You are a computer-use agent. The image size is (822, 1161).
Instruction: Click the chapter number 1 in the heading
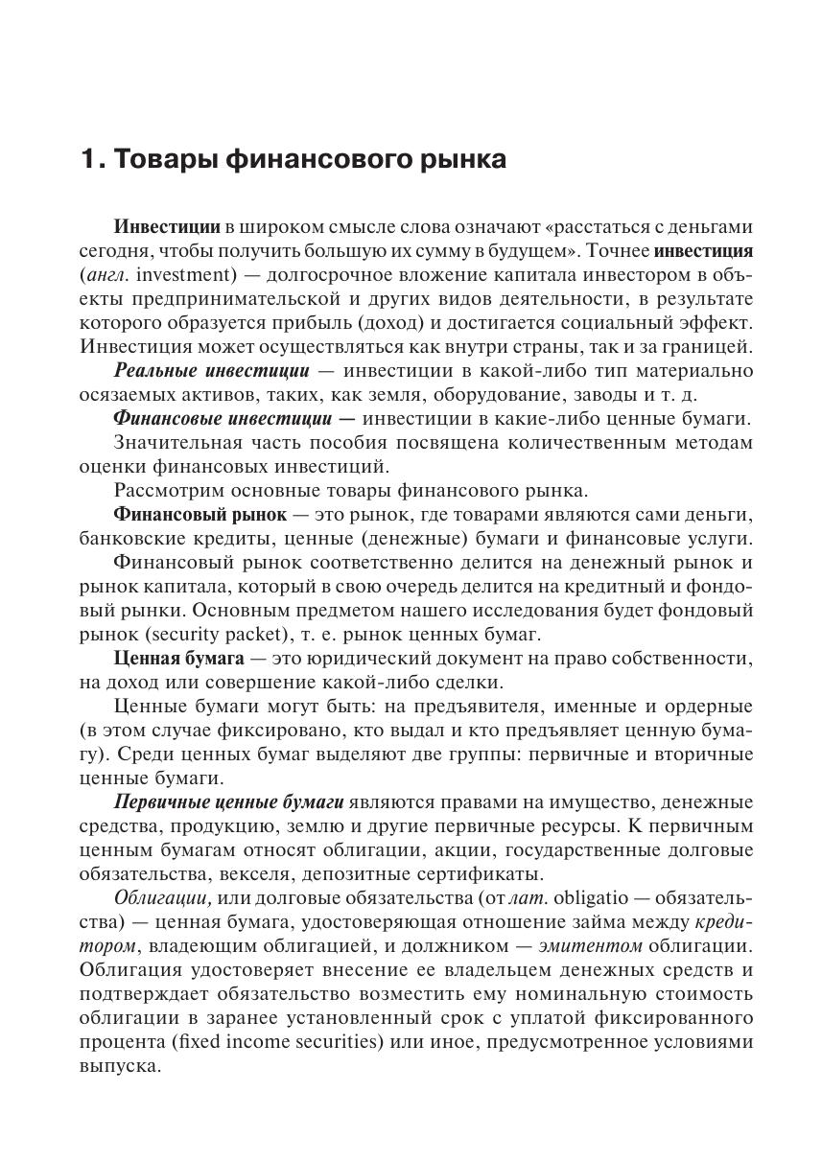89,159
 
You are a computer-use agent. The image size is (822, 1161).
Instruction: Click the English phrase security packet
203,634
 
